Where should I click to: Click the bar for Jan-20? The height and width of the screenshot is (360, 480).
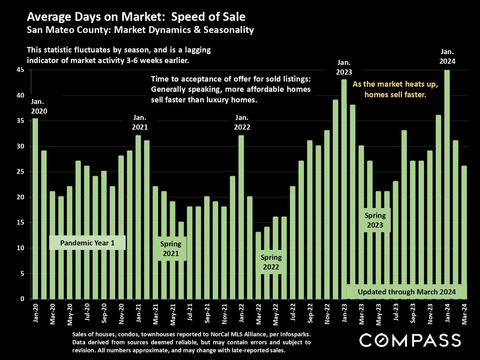[x=35, y=208]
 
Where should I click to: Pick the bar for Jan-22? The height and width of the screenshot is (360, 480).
[x=241, y=218]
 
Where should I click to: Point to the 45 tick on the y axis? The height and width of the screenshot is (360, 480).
[x=20, y=70]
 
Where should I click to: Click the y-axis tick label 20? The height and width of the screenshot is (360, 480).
[x=20, y=197]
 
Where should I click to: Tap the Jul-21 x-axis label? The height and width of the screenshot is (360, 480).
[x=190, y=313]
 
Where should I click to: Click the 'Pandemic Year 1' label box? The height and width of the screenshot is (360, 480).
[x=87, y=243]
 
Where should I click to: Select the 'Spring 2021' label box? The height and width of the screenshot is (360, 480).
[x=171, y=249]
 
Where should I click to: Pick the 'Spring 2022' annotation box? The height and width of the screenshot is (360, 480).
[x=271, y=262]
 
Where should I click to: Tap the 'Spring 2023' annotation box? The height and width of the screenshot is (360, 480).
[x=375, y=220]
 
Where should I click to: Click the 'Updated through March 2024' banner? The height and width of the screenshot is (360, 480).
[x=406, y=292]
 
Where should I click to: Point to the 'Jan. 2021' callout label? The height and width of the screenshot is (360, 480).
[x=140, y=123]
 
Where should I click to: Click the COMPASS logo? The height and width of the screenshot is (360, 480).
[x=410, y=340]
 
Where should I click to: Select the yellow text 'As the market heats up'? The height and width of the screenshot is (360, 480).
[x=395, y=84]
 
